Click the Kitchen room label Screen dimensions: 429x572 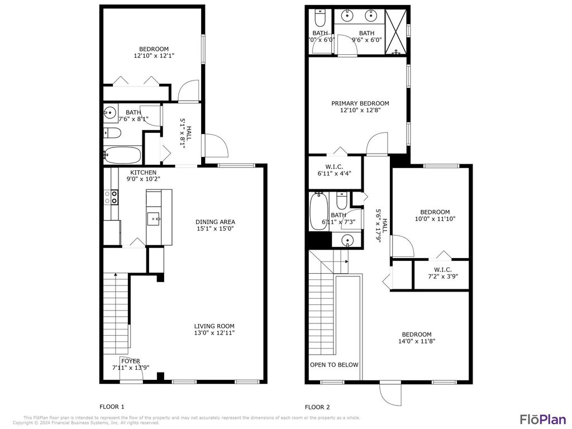[144, 173]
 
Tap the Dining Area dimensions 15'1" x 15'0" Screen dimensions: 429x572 [214, 228]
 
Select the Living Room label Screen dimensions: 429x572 [214, 326]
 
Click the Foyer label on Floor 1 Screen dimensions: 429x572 [131, 361]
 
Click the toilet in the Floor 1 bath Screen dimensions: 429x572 [112, 133]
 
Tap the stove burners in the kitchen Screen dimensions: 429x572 [111, 197]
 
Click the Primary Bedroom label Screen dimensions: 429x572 [360, 103]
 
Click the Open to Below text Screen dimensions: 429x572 [334, 365]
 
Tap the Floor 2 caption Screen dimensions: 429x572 [317, 407]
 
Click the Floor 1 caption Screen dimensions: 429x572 [112, 407]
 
